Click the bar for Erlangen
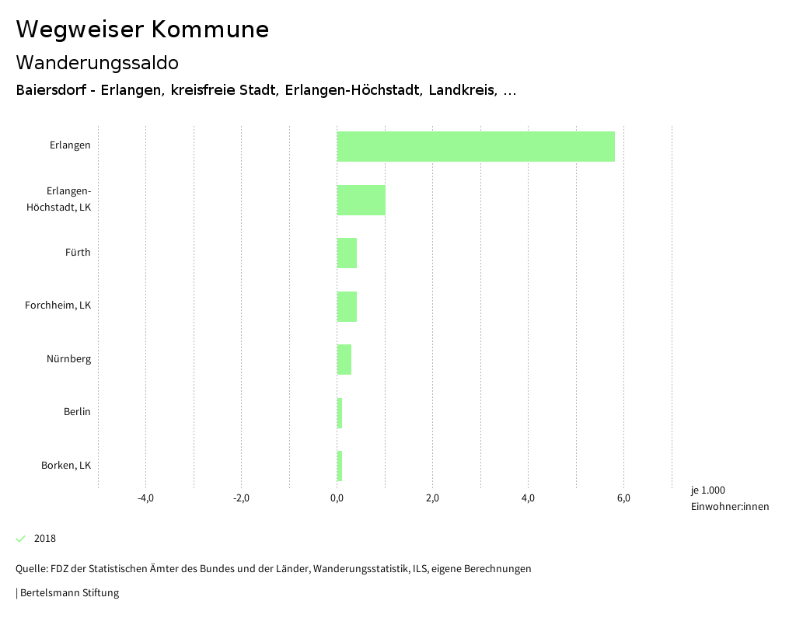pyautogui.click(x=476, y=146)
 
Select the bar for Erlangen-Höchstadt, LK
pyautogui.click(x=361, y=200)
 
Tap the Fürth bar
pyautogui.click(x=347, y=253)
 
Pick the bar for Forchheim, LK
pyautogui.click(x=347, y=306)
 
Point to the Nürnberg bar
pyautogui.click(x=344, y=359)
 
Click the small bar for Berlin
pyautogui.click(x=340, y=413)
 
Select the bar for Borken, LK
pyautogui.click(x=340, y=466)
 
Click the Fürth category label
pyautogui.click(x=78, y=252)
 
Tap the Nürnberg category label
pyautogui.click(x=68, y=359)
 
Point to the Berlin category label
pyautogui.click(x=77, y=412)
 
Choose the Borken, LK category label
pyautogui.click(x=66, y=466)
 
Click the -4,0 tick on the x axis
pyautogui.click(x=145, y=498)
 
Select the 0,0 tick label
pyautogui.click(x=337, y=498)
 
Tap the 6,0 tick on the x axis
pyautogui.click(x=623, y=498)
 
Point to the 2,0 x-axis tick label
pyautogui.click(x=432, y=498)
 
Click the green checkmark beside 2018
pyautogui.click(x=21, y=539)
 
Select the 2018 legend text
pyautogui.click(x=45, y=539)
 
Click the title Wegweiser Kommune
pyautogui.click(x=142, y=30)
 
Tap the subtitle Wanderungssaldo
pyautogui.click(x=97, y=62)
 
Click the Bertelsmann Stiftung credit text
pyautogui.click(x=68, y=593)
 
